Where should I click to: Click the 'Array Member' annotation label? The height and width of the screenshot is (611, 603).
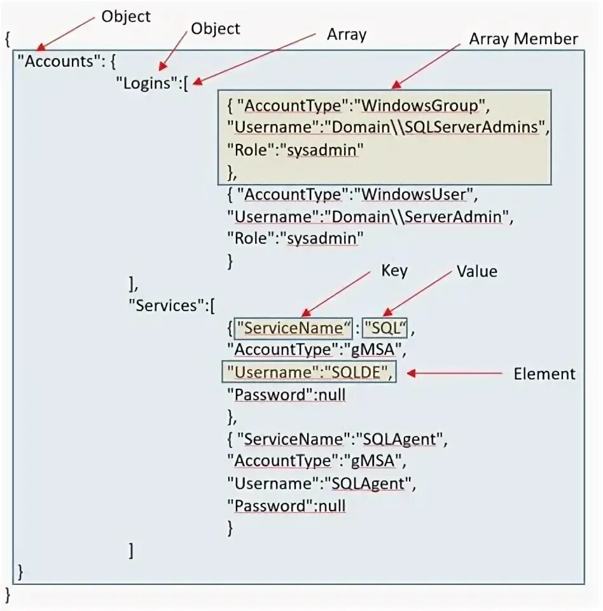[x=523, y=39]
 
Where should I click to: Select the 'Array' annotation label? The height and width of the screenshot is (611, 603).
[x=347, y=34]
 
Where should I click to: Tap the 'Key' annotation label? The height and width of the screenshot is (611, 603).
[x=394, y=270]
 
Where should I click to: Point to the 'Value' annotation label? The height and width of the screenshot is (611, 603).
[x=476, y=271]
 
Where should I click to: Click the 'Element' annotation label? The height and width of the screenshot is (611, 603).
[x=544, y=374]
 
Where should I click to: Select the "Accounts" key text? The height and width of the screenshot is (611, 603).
[x=53, y=62]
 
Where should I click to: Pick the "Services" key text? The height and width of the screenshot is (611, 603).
[x=166, y=305]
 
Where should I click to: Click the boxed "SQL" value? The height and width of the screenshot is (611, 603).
[x=387, y=328]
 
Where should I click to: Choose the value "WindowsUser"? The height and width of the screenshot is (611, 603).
[x=412, y=194]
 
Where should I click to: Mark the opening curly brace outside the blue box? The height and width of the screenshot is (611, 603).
[x=7, y=40]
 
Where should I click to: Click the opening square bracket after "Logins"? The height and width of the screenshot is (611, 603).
[x=185, y=84]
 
